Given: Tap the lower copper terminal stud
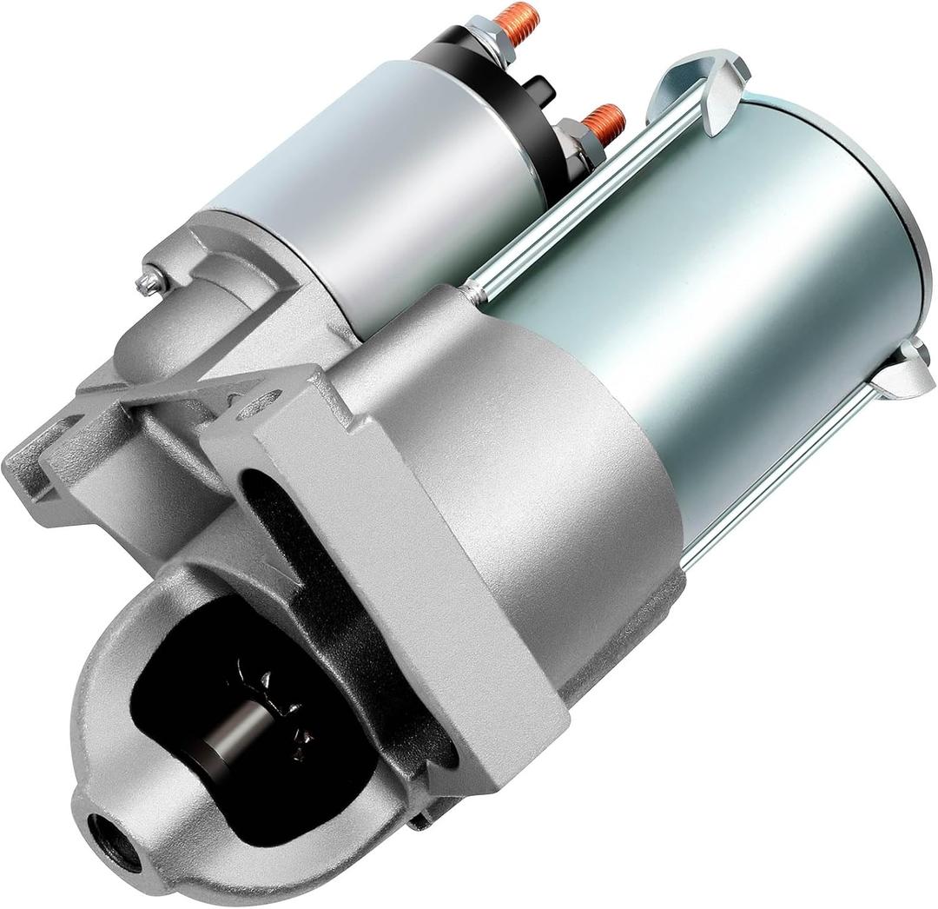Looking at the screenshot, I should click(605, 121).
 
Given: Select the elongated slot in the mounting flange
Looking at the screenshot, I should click(261, 487).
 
